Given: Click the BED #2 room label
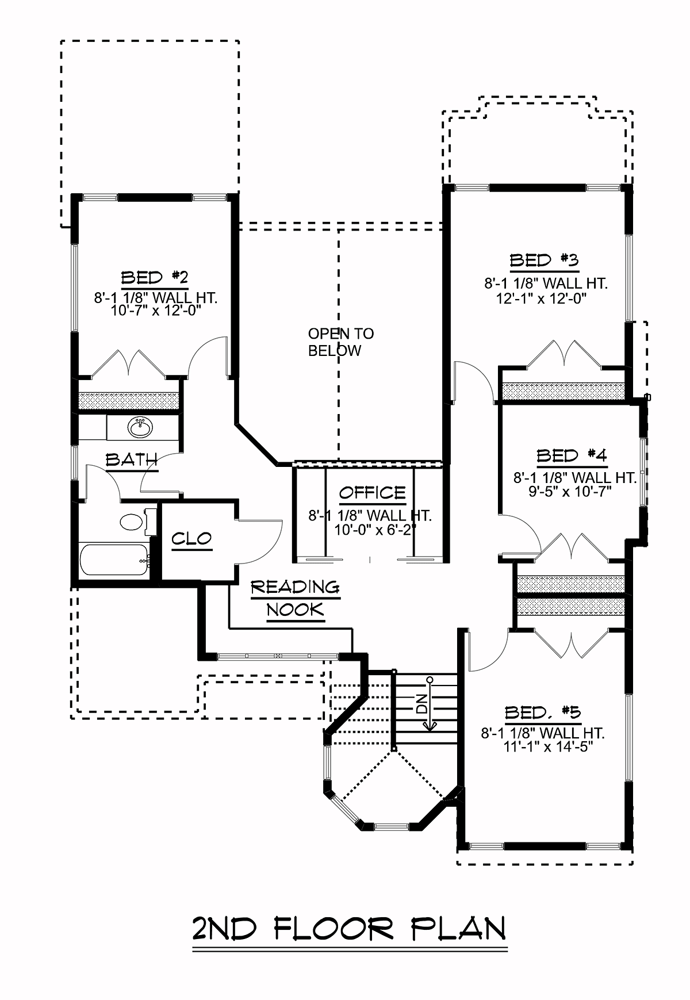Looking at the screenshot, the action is [155, 278].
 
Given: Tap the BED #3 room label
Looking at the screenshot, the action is [545, 260].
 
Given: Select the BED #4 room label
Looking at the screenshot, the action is [572, 456].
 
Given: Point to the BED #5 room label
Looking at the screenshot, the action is [543, 713].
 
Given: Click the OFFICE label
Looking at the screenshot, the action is [372, 493].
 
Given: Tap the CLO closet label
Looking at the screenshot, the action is [192, 539].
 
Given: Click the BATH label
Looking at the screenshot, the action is [132, 459].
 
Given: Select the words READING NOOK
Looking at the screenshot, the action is [296, 599].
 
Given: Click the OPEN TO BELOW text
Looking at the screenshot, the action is [341, 342].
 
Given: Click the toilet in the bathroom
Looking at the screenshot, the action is [137, 522].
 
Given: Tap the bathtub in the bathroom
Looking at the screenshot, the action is [114, 559].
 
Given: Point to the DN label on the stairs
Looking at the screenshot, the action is [422, 704].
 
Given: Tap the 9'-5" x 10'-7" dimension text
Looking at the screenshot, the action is [570, 491].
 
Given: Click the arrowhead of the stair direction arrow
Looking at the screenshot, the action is [429, 726].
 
